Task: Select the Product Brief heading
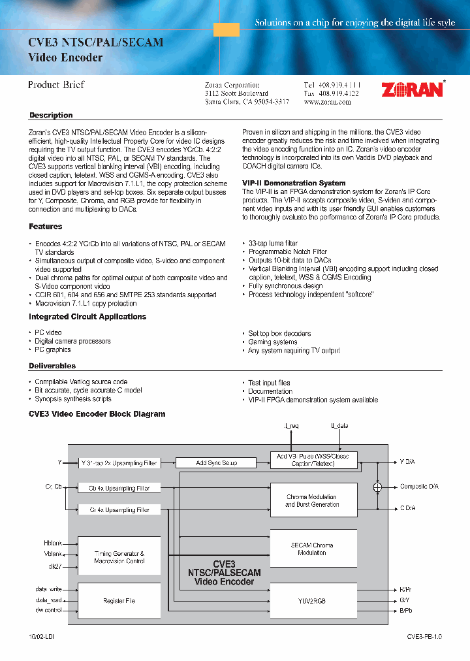pos(56,85)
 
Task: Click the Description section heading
pos(51,116)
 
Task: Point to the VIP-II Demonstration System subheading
pos(294,183)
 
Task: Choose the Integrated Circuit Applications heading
pos(87,317)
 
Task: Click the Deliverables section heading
pos(52,366)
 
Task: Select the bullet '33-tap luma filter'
pos(273,243)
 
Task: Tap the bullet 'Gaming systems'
pos(272,342)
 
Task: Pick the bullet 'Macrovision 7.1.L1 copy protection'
pos(86,303)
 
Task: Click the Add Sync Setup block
pos(216,463)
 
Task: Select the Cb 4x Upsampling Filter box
pos(119,488)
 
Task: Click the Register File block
pos(119,600)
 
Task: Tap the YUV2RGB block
pos(313,600)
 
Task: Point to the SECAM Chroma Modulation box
pos(313,549)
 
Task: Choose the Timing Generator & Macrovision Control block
pos(119,556)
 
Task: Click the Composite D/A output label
pos(419,487)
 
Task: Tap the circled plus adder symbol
pos(377,487)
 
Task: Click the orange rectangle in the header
pos(227,29)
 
